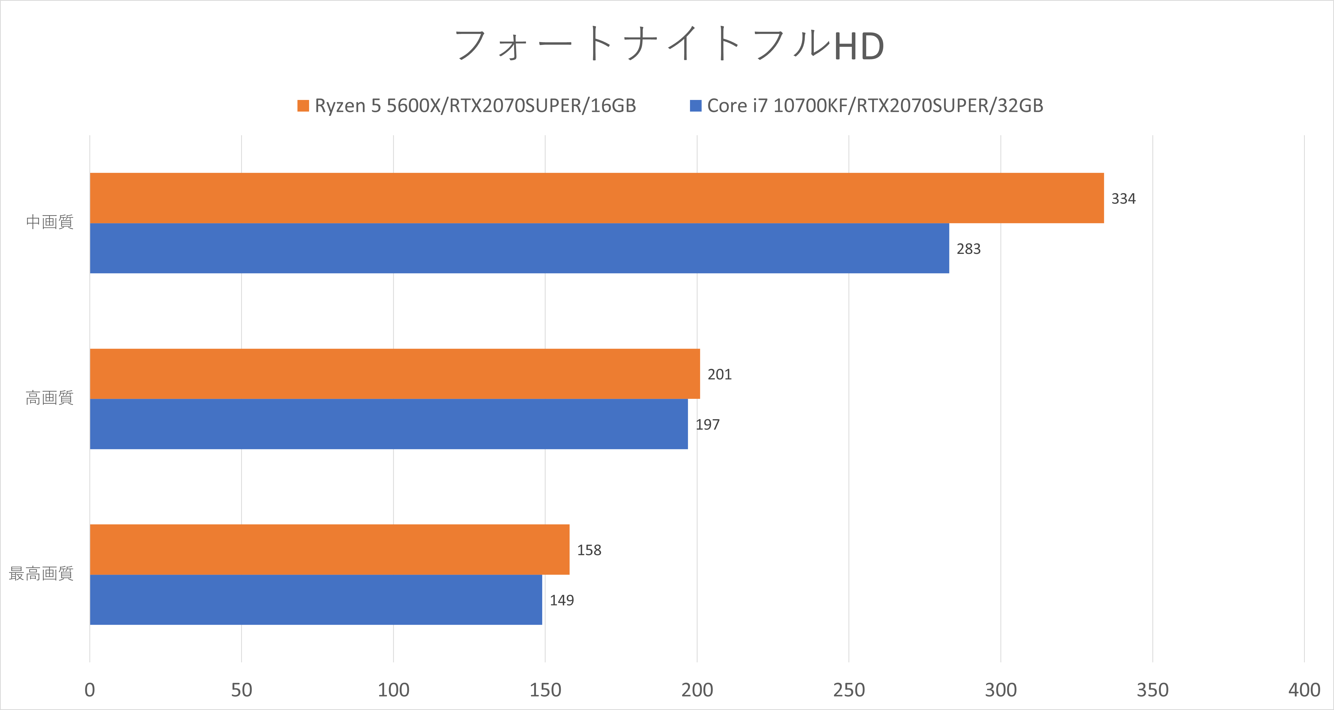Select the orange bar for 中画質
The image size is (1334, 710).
point(596,198)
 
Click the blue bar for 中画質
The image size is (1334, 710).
point(519,248)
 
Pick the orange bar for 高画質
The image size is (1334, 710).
point(395,374)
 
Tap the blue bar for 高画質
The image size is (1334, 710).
point(389,424)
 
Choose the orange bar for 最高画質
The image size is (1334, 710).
point(329,550)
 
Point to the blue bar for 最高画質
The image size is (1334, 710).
point(316,600)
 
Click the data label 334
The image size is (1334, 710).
point(1123,199)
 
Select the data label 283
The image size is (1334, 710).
point(968,249)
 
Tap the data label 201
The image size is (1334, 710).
point(719,374)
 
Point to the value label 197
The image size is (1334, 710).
point(707,424)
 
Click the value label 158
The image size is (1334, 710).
point(589,550)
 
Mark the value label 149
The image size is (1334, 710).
point(561,600)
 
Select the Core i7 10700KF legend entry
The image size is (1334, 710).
point(866,106)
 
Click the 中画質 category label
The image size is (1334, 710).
point(50,222)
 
